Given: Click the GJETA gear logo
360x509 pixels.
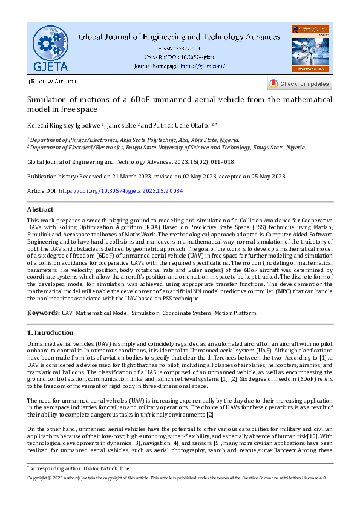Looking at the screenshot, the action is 51,47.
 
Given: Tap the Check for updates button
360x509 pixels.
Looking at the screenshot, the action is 299,83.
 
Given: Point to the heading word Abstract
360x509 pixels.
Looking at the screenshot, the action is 41,209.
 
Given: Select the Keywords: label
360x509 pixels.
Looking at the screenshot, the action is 43,313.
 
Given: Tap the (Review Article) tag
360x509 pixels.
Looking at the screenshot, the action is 54,81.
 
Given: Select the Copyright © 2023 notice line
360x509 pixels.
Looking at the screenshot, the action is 177,478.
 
